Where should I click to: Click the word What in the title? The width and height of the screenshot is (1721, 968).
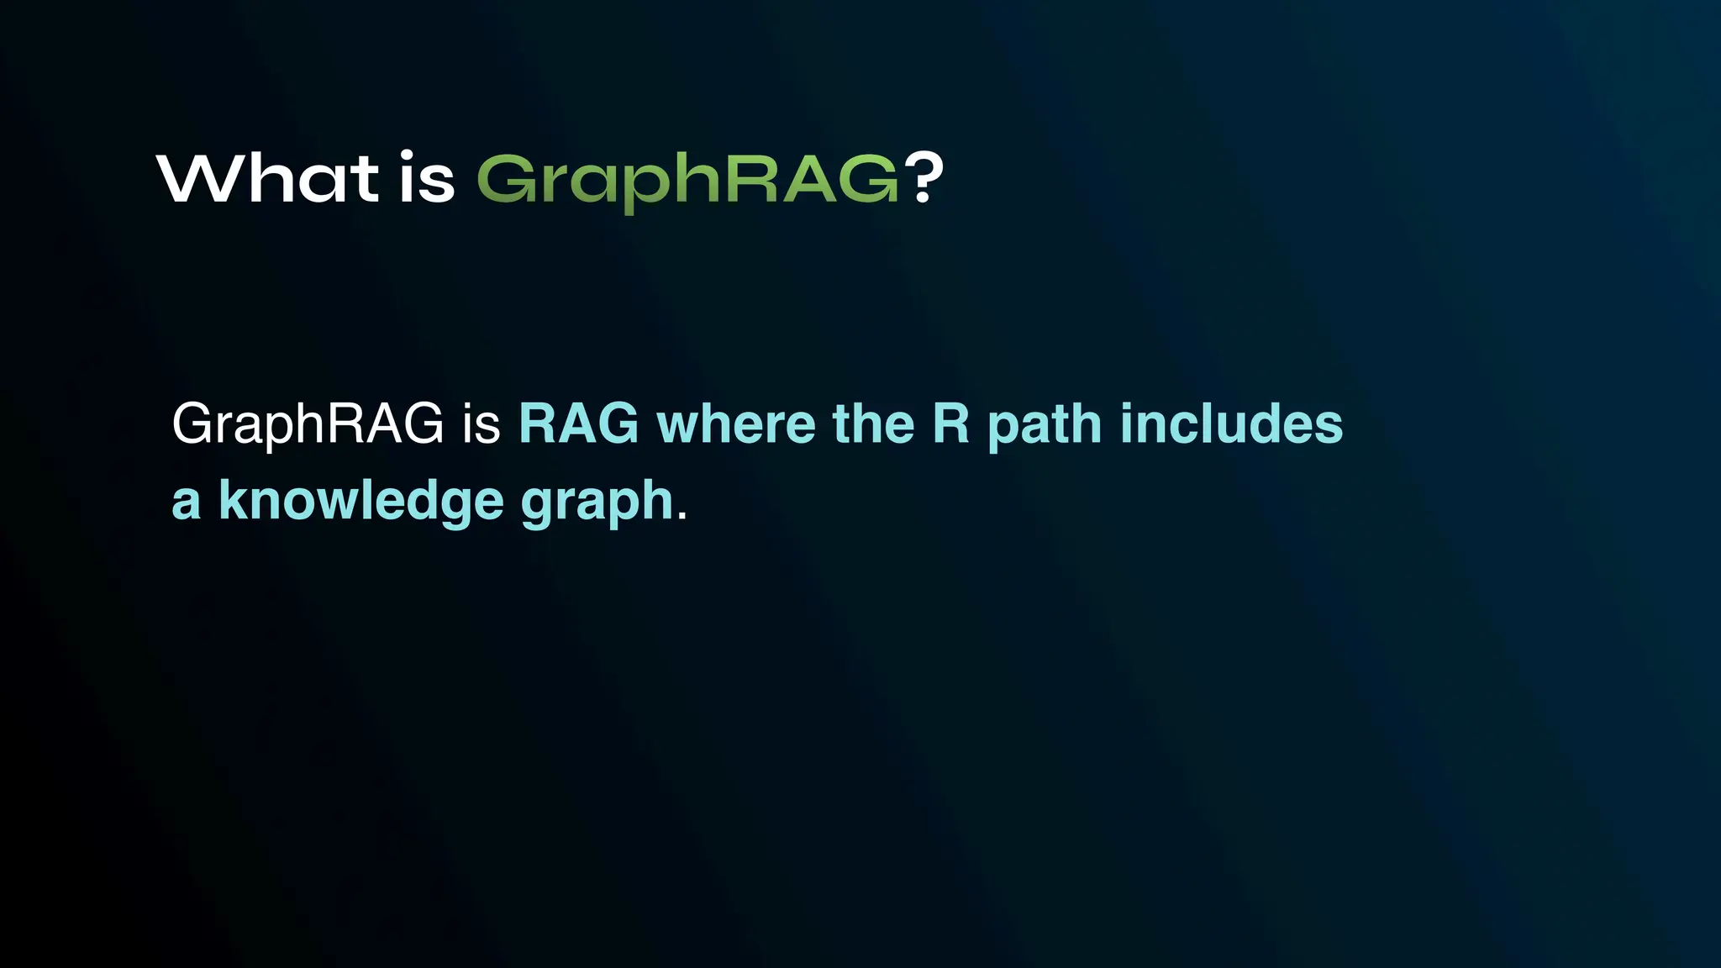tap(268, 178)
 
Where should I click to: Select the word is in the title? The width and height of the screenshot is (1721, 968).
tap(426, 178)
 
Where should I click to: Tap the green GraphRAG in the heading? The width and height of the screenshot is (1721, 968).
tap(688, 180)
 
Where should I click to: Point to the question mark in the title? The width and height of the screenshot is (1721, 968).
tap(924, 178)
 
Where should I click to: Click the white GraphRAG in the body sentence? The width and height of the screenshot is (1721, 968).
tap(308, 424)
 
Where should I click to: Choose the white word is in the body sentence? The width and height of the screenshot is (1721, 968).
tap(481, 424)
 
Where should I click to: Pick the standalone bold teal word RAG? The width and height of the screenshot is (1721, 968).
tap(579, 424)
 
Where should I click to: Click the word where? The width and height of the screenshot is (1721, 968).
tap(735, 424)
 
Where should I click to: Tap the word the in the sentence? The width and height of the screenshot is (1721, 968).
tap(873, 424)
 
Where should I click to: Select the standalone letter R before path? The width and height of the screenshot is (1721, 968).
tap(951, 424)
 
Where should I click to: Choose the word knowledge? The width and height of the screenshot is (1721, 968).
tap(361, 502)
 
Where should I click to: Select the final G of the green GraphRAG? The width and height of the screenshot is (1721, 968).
tap(871, 180)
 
